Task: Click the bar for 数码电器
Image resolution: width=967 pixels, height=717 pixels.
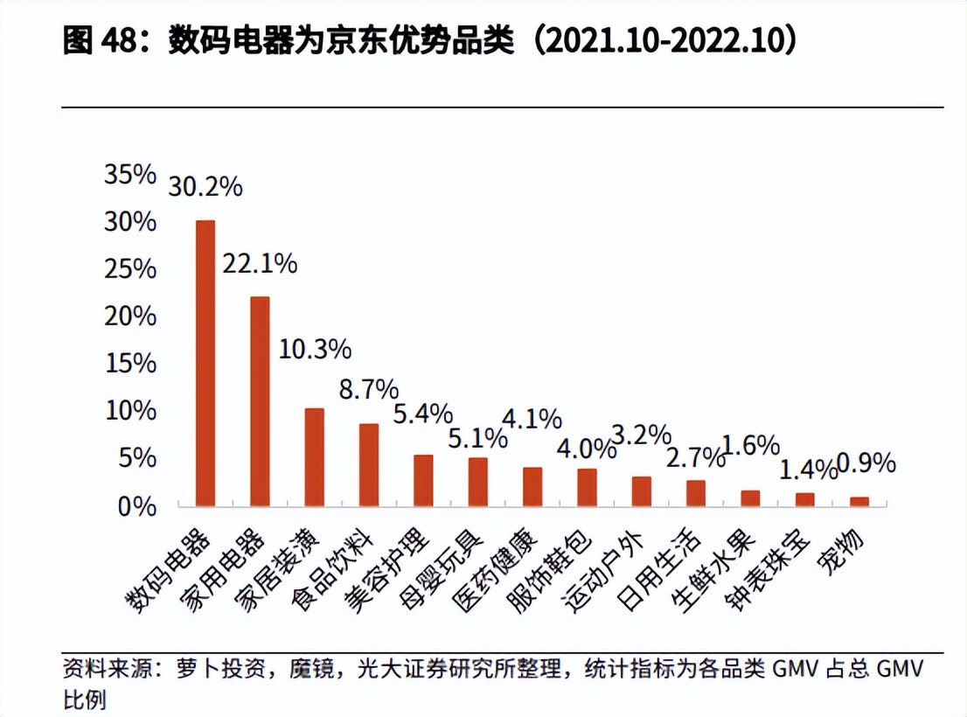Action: (205, 363)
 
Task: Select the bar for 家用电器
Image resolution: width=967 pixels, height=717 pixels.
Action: (260, 401)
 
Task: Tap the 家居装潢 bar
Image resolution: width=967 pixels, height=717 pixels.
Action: (314, 456)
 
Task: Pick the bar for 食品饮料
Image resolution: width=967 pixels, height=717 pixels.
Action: (369, 464)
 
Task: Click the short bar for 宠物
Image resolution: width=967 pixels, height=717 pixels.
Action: (859, 501)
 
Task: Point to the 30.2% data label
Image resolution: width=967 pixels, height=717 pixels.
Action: (205, 186)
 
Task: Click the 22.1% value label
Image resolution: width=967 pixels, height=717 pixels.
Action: (260, 263)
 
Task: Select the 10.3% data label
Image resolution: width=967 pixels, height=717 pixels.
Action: (315, 350)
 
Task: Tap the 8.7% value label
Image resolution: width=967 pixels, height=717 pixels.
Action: (369, 390)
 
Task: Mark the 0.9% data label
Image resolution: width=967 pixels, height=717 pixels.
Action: (866, 463)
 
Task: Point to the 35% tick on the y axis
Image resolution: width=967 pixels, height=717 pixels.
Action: (130, 174)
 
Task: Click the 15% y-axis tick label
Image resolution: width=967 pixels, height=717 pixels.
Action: (130, 363)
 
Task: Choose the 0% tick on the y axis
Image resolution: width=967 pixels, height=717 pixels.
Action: (137, 505)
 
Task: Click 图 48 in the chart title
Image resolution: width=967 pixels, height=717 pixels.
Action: (96, 42)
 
